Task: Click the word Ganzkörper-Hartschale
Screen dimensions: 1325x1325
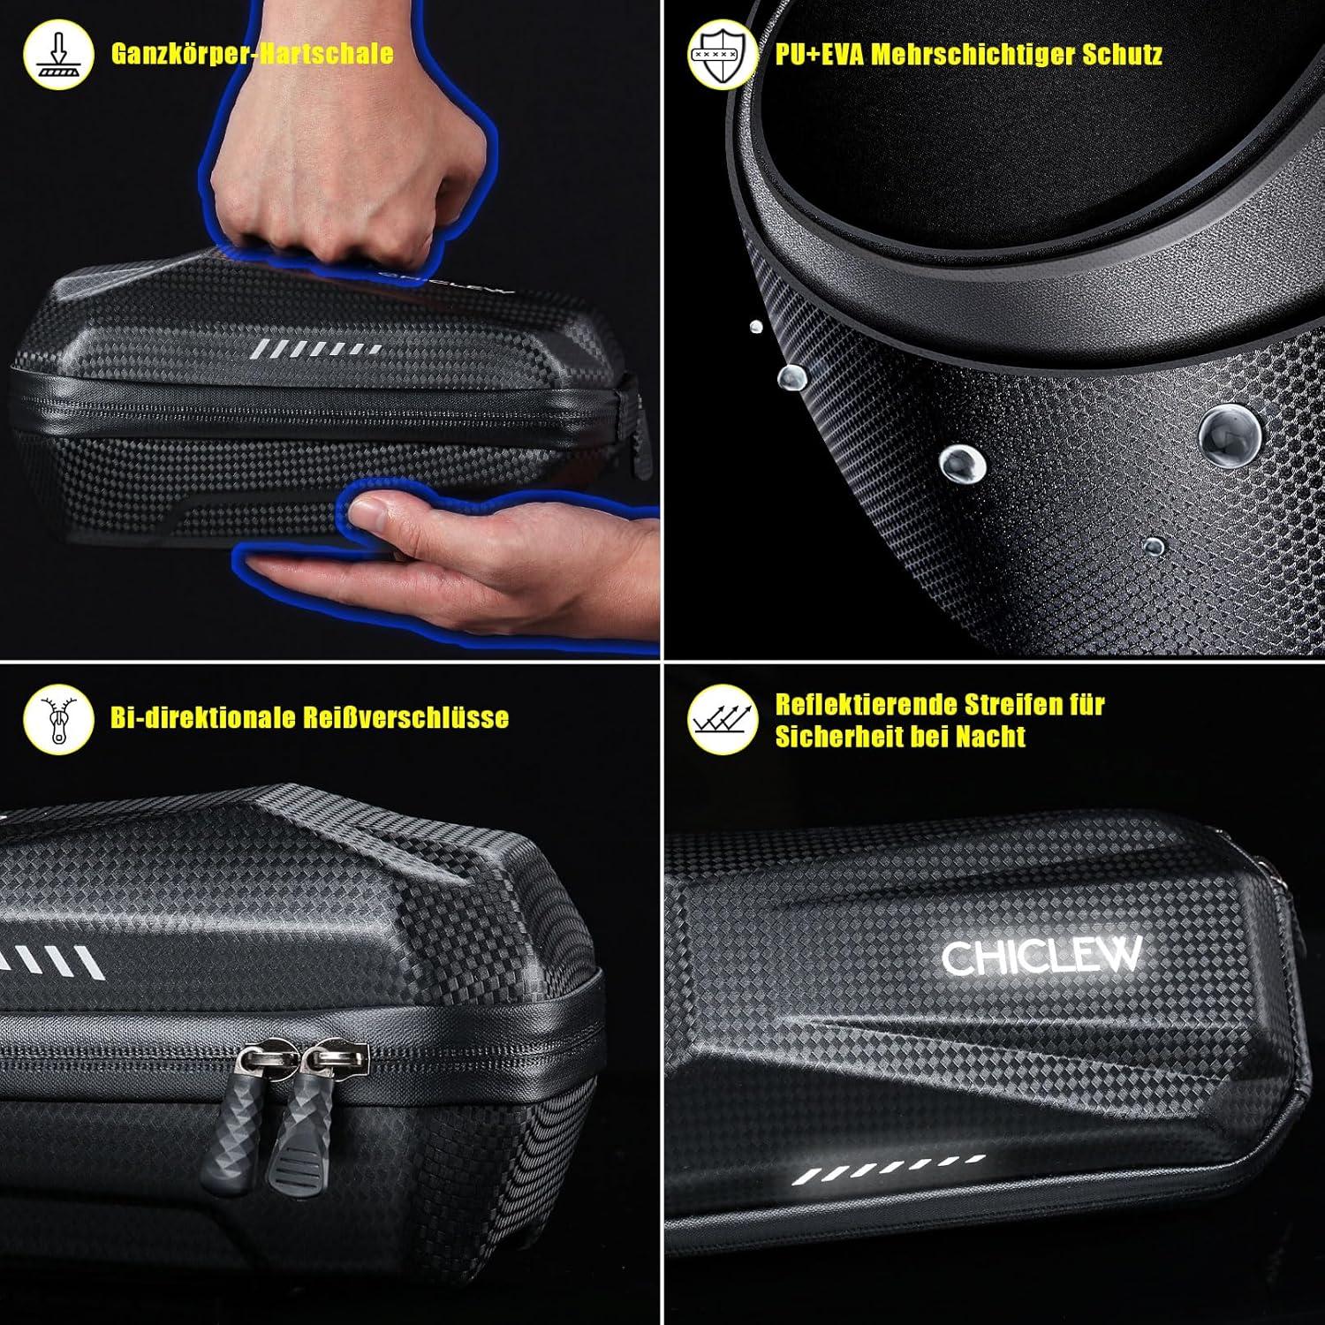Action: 252,54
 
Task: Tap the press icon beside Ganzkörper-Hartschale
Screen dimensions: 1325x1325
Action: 58,55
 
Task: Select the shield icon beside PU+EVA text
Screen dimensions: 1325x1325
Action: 722,55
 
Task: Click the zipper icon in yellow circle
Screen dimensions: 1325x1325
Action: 58,718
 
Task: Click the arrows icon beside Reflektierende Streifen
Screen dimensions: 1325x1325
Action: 722,720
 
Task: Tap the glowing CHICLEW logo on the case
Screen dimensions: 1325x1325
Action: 1041,956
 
